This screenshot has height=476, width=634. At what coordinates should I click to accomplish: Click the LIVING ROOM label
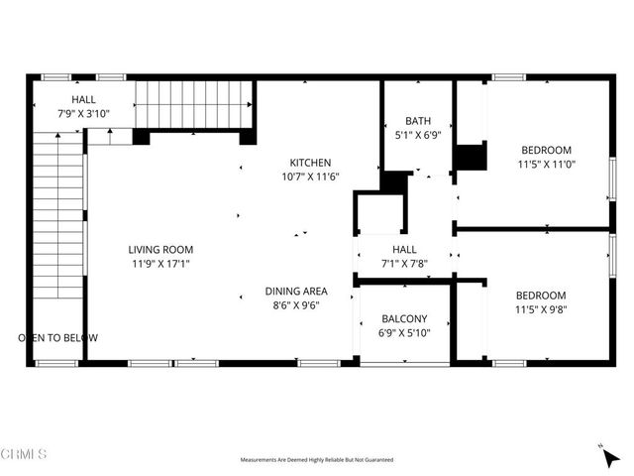[160, 250]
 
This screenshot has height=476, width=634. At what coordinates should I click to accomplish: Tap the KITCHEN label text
[310, 163]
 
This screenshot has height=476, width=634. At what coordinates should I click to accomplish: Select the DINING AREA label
[296, 292]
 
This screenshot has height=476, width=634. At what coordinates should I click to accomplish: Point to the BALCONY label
[404, 318]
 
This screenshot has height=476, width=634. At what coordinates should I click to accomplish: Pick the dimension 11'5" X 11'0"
[547, 166]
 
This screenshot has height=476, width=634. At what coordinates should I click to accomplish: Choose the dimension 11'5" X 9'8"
[541, 309]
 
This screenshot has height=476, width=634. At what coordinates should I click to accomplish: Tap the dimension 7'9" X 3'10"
[83, 115]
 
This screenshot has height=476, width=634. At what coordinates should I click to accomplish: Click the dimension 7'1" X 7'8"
[404, 264]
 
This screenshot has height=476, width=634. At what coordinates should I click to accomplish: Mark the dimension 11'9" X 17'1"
[160, 265]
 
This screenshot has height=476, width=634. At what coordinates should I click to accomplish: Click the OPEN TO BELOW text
[58, 338]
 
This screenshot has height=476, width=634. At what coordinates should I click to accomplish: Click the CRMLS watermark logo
[25, 454]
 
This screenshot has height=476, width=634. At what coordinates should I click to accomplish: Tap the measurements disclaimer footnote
[317, 460]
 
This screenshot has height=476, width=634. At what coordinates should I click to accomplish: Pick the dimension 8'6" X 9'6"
[296, 306]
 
